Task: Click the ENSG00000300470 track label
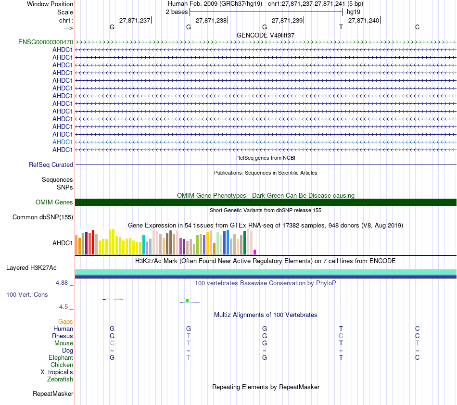46,42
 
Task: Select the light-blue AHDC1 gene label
63,142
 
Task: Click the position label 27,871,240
364,20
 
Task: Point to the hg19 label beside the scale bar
354,12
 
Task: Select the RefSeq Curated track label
51,165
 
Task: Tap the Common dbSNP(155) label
43,217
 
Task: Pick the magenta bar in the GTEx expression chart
255,252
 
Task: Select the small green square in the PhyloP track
187,301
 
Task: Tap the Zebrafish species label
60,379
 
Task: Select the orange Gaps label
65,321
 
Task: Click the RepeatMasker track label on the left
53,394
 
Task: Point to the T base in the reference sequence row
341,27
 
